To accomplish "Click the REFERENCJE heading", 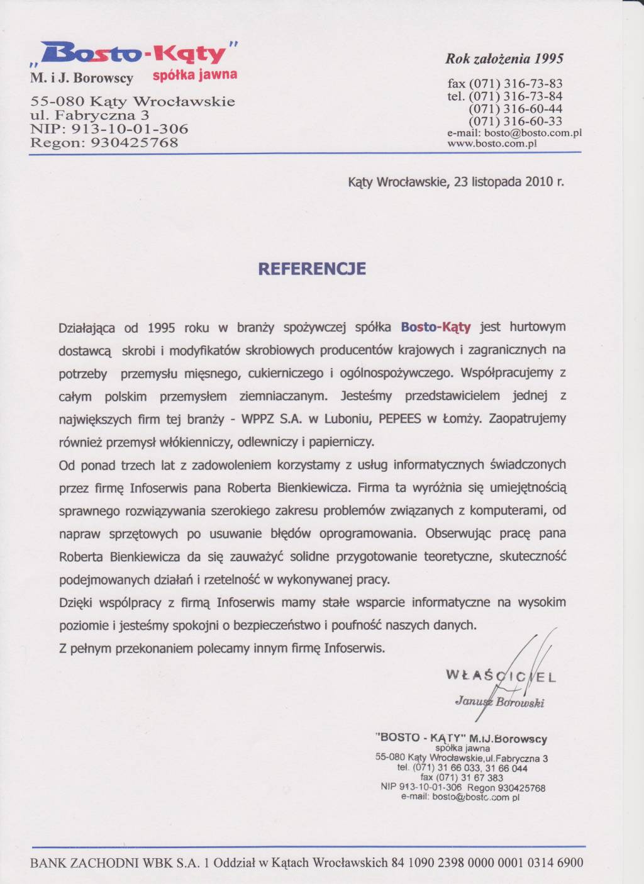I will coord(312,269).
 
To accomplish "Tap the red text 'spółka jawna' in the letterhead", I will coord(195,76).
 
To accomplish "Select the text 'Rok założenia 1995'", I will coord(504,59).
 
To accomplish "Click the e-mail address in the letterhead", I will coord(514,133).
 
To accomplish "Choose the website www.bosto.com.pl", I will coord(492,143).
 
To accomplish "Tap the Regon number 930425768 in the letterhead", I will coord(135,143).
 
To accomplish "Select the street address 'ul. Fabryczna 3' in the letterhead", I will coord(90,115).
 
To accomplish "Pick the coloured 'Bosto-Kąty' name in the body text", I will coord(436,327).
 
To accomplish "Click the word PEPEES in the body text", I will coord(399,419).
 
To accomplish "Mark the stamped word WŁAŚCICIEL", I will coord(501,677).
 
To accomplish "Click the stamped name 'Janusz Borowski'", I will coord(499,702).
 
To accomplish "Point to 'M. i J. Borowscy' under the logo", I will coord(82,79).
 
